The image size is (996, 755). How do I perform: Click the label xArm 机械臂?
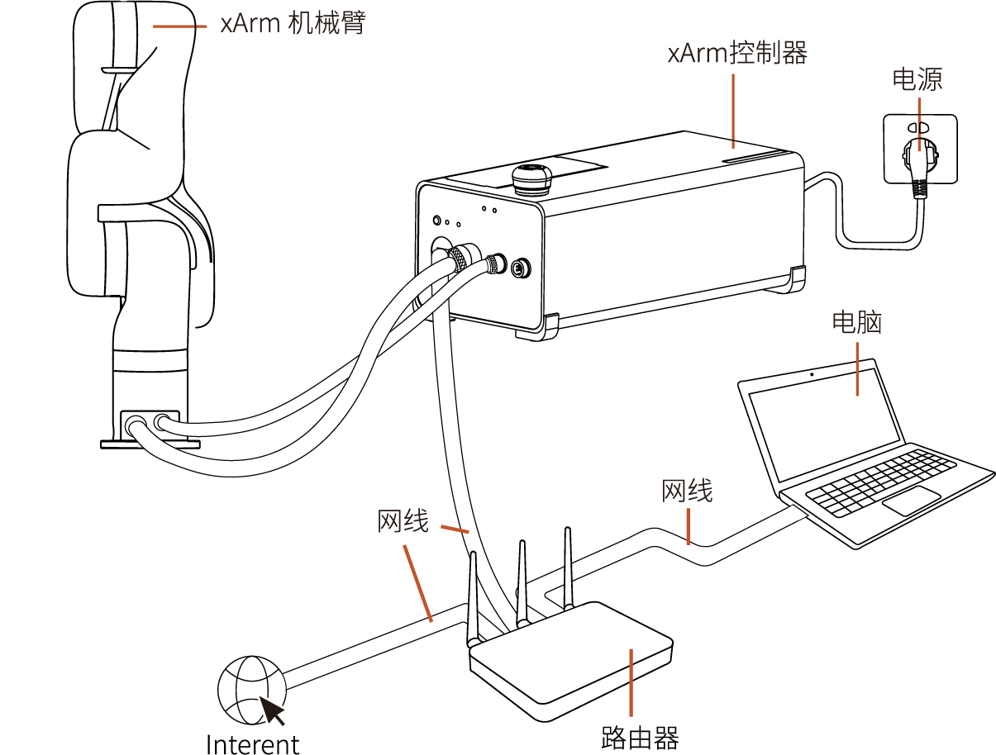(x=293, y=23)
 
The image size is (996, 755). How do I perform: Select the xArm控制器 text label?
(x=736, y=54)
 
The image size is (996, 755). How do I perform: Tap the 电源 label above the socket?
(x=917, y=79)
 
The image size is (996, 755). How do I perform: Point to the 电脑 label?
(x=856, y=321)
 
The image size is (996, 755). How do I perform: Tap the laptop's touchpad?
(x=911, y=501)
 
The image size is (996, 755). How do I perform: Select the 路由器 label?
(x=640, y=738)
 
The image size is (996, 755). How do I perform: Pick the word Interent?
(x=252, y=743)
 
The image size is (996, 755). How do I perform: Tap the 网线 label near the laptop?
(x=686, y=491)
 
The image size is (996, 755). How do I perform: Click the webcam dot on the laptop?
(x=812, y=374)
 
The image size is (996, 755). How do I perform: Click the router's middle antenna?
(x=522, y=582)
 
